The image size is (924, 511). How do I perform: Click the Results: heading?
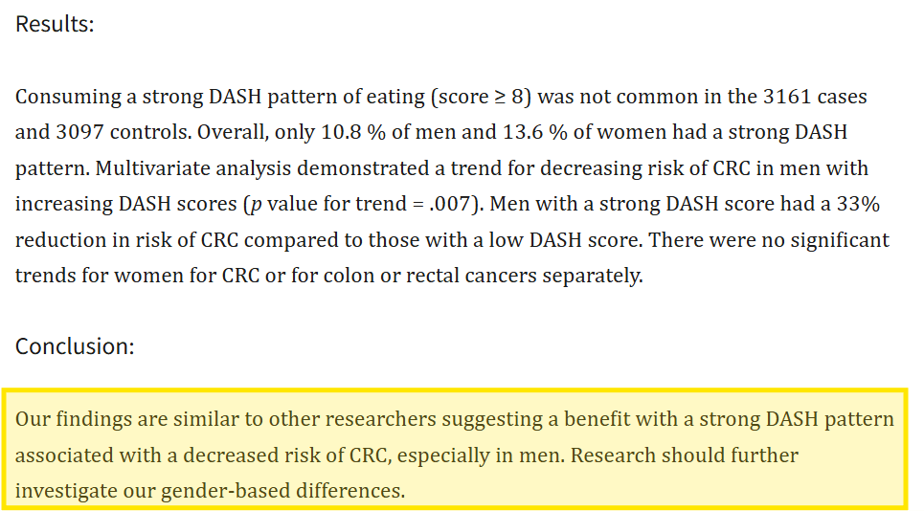coord(55,24)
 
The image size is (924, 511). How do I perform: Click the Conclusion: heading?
coord(75,346)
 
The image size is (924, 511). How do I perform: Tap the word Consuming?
coord(74,98)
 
